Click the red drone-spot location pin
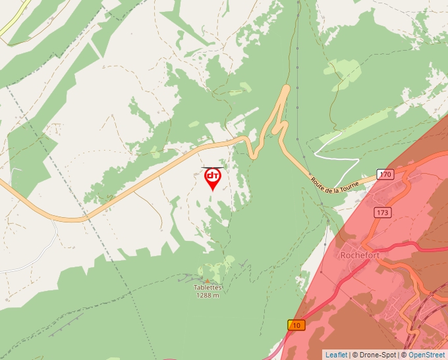coord(213,178)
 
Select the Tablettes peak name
coord(208,288)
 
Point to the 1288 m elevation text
coord(208,295)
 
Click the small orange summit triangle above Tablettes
coord(208,281)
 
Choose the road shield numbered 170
coord(385,174)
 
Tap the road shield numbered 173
coord(383,213)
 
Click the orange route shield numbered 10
coord(296,325)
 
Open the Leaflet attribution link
coord(336,355)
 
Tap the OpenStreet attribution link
coord(426,355)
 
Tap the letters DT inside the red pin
coord(213,176)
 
